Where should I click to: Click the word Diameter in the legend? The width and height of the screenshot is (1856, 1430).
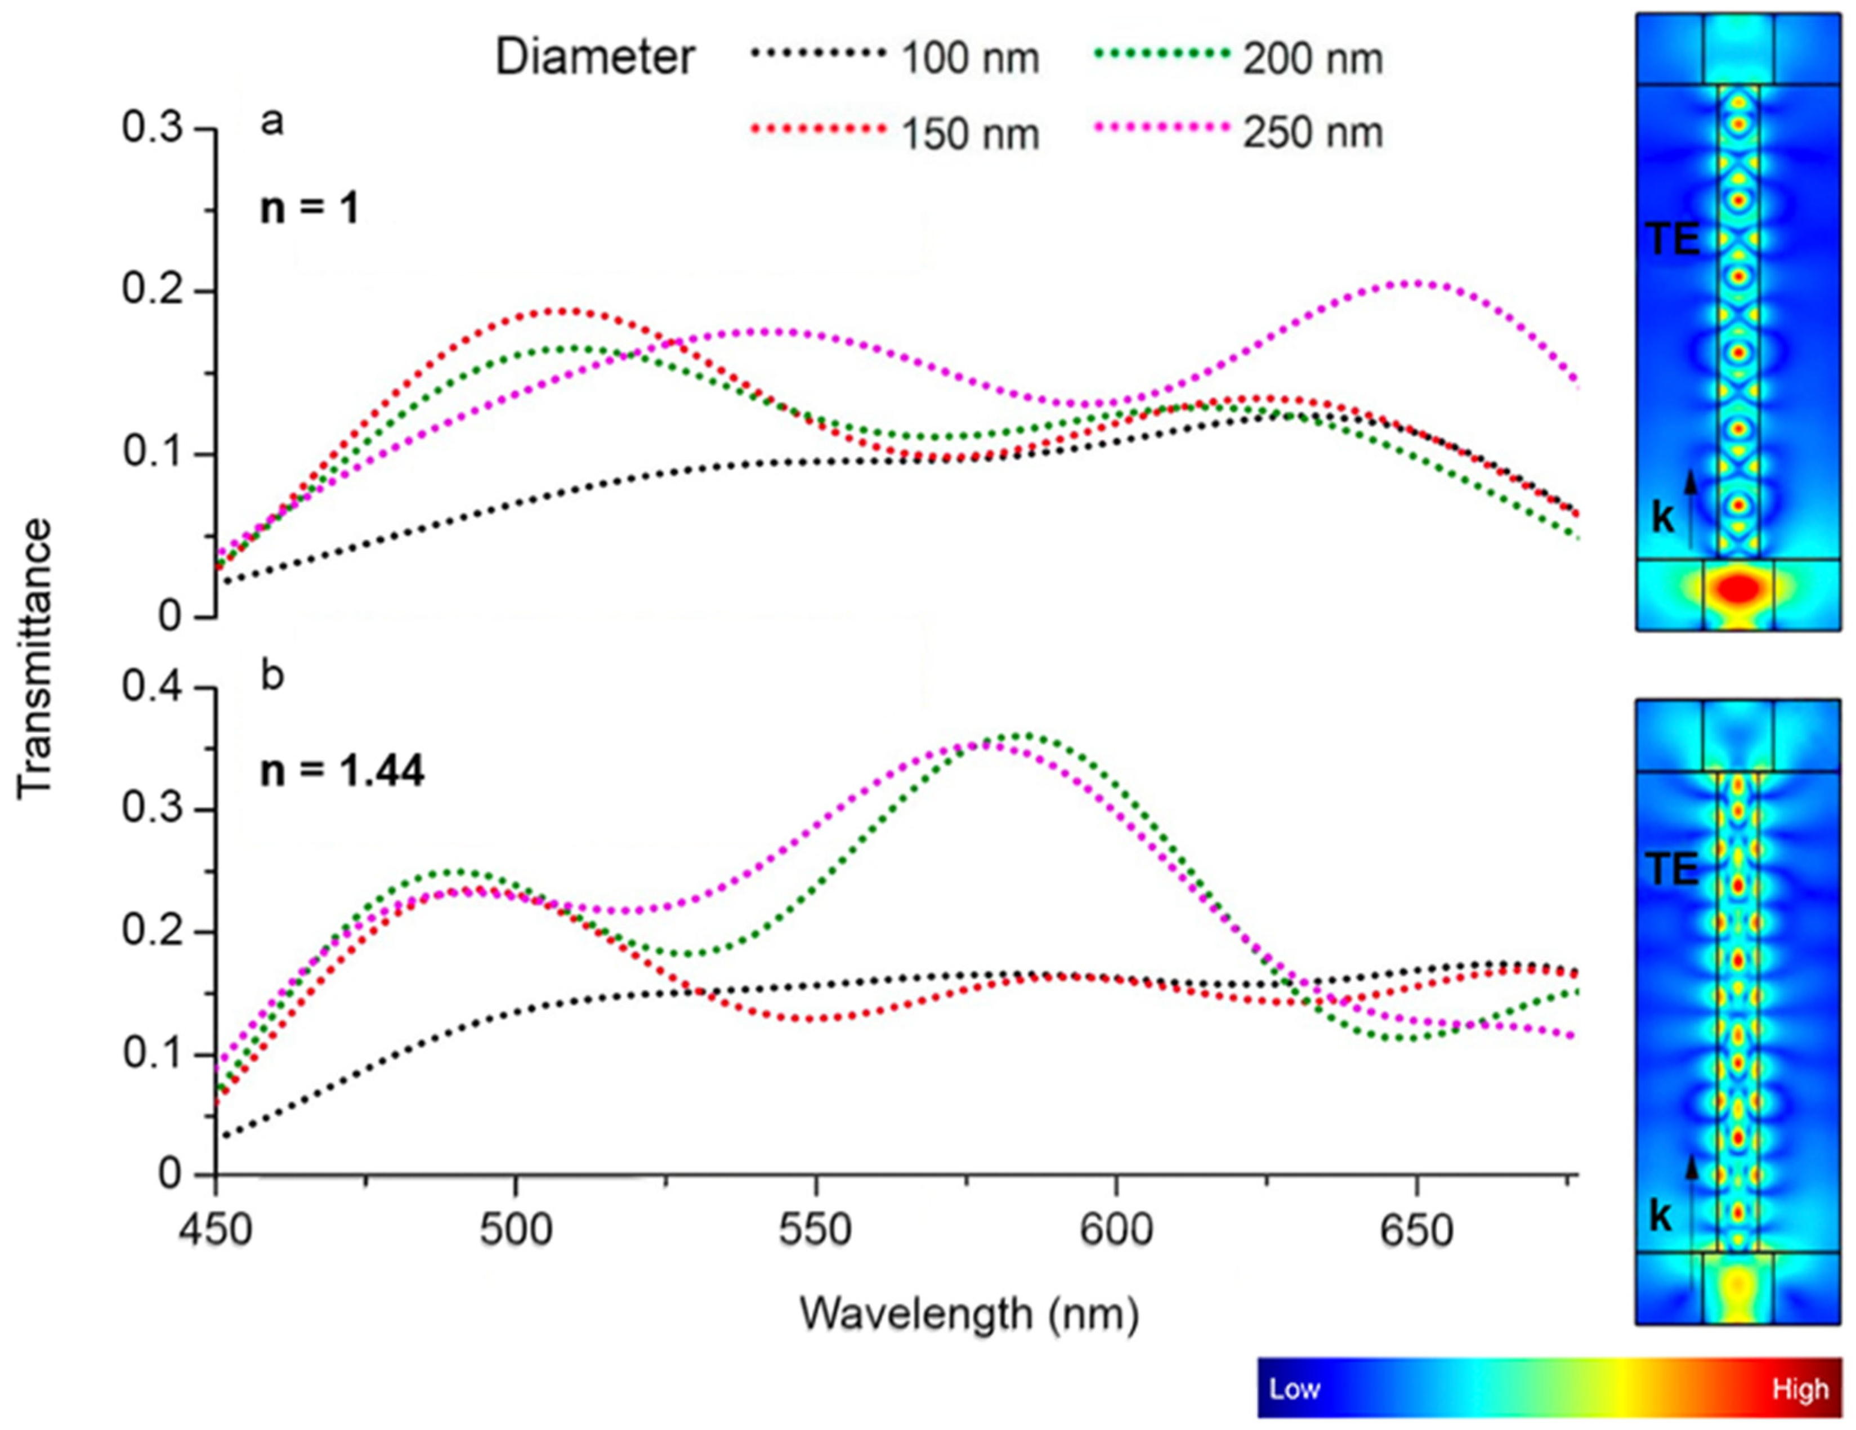[595, 58]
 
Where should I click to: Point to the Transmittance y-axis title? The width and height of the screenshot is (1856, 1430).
[35, 659]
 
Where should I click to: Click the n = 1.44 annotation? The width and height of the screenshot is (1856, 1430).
[342, 771]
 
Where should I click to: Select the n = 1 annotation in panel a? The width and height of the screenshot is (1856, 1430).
[310, 208]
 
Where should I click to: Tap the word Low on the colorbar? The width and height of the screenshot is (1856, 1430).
[1294, 1389]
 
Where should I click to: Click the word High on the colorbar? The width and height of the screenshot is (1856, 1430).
[1800, 1389]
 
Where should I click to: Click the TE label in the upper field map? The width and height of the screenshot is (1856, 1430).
[1673, 240]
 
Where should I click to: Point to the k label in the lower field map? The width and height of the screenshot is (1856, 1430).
[1661, 1217]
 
